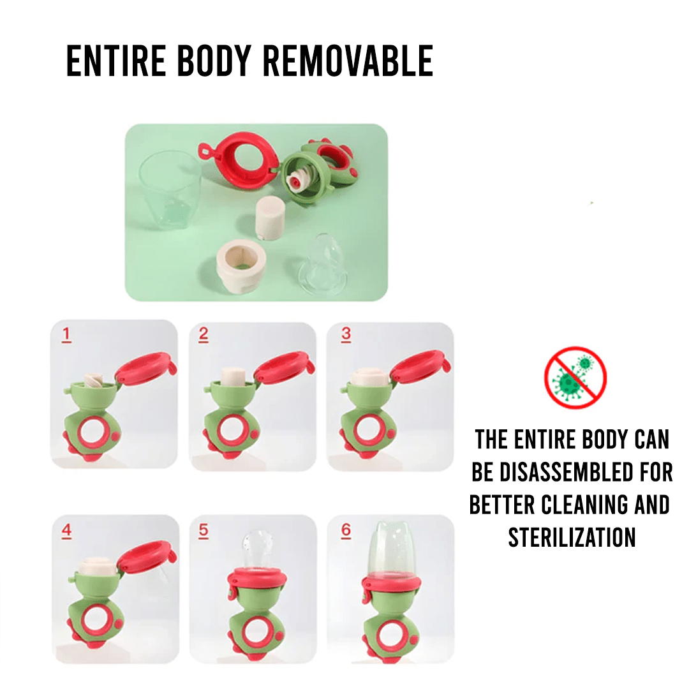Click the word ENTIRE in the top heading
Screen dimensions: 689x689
115,61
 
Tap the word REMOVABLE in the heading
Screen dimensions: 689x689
348,61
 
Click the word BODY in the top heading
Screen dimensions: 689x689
214,61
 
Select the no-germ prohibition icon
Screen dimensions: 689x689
575,378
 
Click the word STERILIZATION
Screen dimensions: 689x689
572,537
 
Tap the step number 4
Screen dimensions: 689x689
66,531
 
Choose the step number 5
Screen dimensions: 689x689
203,531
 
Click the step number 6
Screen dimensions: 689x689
346,530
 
